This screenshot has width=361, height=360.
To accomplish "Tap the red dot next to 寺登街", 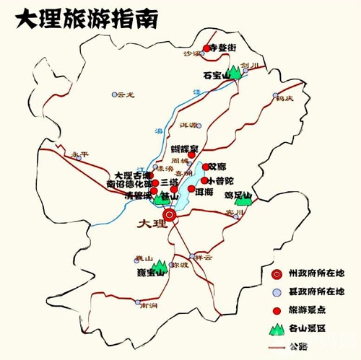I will coord(206,48).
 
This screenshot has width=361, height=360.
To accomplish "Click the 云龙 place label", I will coord(126,95).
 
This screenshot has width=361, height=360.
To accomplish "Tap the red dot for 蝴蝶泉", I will coord(192,154).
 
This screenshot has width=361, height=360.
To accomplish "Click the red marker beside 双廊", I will coord(205,167).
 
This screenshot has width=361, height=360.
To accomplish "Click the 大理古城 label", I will coord(132,175).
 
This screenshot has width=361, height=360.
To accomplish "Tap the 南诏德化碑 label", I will coord(128,184).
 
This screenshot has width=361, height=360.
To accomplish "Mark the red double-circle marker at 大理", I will coord(170,214).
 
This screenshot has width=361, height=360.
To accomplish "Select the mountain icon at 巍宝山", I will coord(158,268).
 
